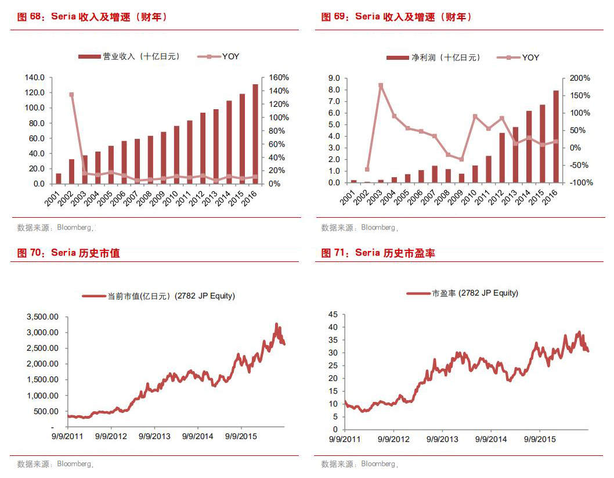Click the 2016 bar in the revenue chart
tap(255, 134)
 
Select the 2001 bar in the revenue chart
tap(58, 178)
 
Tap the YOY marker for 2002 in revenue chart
tap(71, 95)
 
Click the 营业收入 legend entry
tap(129, 56)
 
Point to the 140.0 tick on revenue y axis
tap(35, 77)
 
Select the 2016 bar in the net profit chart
tap(556, 136)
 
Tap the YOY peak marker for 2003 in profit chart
tap(381, 85)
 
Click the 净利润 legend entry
tap(434, 57)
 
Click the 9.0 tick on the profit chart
tap(334, 78)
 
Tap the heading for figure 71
tap(378, 253)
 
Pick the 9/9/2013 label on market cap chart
tap(154, 436)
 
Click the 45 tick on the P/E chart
tap(333, 314)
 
